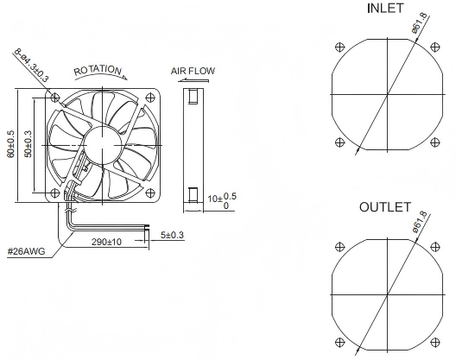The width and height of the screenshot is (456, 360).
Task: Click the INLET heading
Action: (385, 8)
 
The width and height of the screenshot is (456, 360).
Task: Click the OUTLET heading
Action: (385, 207)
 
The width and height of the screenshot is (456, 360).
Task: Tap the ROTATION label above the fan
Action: (98, 70)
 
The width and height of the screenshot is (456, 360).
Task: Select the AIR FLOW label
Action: (193, 71)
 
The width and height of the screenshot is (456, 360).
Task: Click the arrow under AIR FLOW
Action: (193, 80)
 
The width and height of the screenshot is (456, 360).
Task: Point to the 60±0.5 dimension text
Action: (10, 144)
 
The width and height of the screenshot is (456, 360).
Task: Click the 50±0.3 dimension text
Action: (28, 144)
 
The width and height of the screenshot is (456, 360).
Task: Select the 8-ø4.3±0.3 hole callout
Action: (32, 66)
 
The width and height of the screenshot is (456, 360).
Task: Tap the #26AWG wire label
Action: (27, 251)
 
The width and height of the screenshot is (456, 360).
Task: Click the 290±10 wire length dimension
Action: (106, 242)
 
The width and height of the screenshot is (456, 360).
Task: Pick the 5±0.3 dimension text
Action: (173, 235)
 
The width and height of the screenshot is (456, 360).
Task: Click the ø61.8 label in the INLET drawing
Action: (420, 22)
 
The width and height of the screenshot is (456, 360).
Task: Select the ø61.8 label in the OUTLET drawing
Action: (420, 222)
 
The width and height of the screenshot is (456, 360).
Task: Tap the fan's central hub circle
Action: (103, 145)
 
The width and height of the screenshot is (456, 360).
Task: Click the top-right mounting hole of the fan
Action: (149, 98)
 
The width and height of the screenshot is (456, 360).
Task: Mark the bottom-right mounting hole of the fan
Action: (149, 193)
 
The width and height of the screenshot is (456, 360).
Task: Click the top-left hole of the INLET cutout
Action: (340, 47)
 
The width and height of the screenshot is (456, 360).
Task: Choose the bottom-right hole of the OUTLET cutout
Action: (434, 342)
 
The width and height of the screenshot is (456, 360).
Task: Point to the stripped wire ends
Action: (147, 228)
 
